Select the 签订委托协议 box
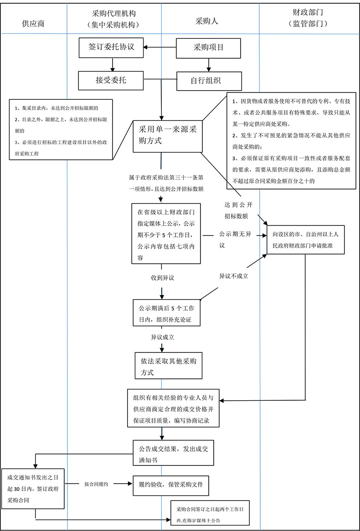pyautogui.click(x=112, y=47)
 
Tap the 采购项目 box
pyautogui.click(x=209, y=47)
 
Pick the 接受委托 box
pyautogui.click(x=111, y=81)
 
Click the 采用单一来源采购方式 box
pyautogui.click(x=167, y=136)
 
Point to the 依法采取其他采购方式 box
pyautogui.click(x=169, y=366)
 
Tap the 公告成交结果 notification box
pyautogui.click(x=173, y=453)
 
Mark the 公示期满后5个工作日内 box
pyautogui.click(x=167, y=313)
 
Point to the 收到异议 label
pyautogui.click(x=163, y=277)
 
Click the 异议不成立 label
pyautogui.click(x=233, y=276)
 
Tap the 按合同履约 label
pyautogui.click(x=96, y=484)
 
